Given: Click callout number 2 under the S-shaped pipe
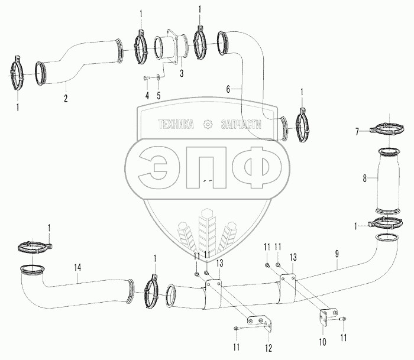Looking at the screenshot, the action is point(66,98).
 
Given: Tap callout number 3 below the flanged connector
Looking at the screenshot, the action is point(182,73).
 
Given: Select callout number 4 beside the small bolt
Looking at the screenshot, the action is point(146,96).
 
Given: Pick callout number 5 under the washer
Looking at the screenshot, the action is point(158,96).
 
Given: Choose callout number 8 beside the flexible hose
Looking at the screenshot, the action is point(365,177).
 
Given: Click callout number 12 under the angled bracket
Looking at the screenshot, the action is point(270,347).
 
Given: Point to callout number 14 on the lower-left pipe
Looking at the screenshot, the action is point(77,267).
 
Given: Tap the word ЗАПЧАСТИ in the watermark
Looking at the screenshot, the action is point(241,124).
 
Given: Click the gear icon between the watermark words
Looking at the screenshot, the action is point(208,124).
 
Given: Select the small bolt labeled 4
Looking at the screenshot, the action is point(145,78).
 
